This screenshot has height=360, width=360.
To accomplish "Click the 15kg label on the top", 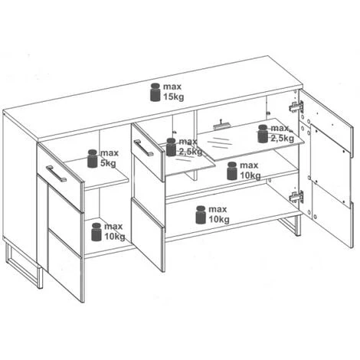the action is pos(173,97).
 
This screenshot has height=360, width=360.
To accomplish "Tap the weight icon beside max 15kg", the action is pos(155,92).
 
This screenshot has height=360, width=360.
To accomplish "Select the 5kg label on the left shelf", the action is pos(108,163).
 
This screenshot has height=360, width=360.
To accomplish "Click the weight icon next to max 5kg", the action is pos(93,159).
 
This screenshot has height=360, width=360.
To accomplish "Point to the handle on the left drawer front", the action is pos(56,174).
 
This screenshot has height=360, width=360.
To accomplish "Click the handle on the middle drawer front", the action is pos(143,148).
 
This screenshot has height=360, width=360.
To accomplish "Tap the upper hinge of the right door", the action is pos(296,106).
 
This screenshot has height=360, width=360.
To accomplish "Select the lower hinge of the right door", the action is pos(296,197).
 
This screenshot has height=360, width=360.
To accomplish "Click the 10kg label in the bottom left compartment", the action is pos(115,237).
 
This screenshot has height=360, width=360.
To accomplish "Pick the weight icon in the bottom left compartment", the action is pos(97,232).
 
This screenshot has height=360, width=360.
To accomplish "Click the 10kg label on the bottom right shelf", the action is pos(219,219).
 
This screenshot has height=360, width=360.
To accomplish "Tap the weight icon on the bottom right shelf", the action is pos(201,214).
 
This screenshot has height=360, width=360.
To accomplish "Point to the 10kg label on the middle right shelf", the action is pos(250,175).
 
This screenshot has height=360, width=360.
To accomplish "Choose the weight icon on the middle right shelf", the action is pos(232,171).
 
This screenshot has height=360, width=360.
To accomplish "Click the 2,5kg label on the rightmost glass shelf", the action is pos(283,139).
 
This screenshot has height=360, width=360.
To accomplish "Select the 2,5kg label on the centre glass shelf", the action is pos(191,152).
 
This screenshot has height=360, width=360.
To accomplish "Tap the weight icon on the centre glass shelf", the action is pos(171,147).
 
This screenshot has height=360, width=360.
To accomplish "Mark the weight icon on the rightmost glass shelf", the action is pos(263,133).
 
